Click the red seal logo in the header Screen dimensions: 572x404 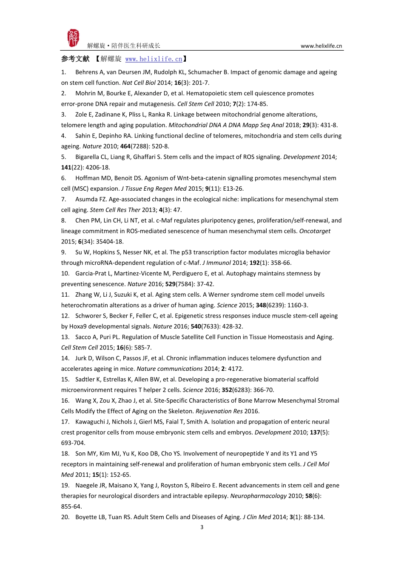coord(73,38)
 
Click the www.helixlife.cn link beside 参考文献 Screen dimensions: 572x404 coord(154,59)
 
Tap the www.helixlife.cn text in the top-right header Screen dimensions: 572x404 coord(321,46)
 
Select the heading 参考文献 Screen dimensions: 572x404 coord(75,59)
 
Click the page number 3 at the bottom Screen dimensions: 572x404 coord(202,527)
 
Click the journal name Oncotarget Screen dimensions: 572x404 coord(315,231)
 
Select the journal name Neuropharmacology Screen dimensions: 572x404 coord(258,496)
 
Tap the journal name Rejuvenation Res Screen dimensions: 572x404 coord(219,411)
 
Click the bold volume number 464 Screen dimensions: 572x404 coord(125,146)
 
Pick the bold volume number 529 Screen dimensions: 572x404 coord(170,284)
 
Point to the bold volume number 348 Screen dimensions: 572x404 coord(261,305)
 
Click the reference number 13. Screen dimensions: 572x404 coord(65,337)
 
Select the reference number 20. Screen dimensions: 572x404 coord(65,517)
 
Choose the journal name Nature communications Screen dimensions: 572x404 coord(169,369)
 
